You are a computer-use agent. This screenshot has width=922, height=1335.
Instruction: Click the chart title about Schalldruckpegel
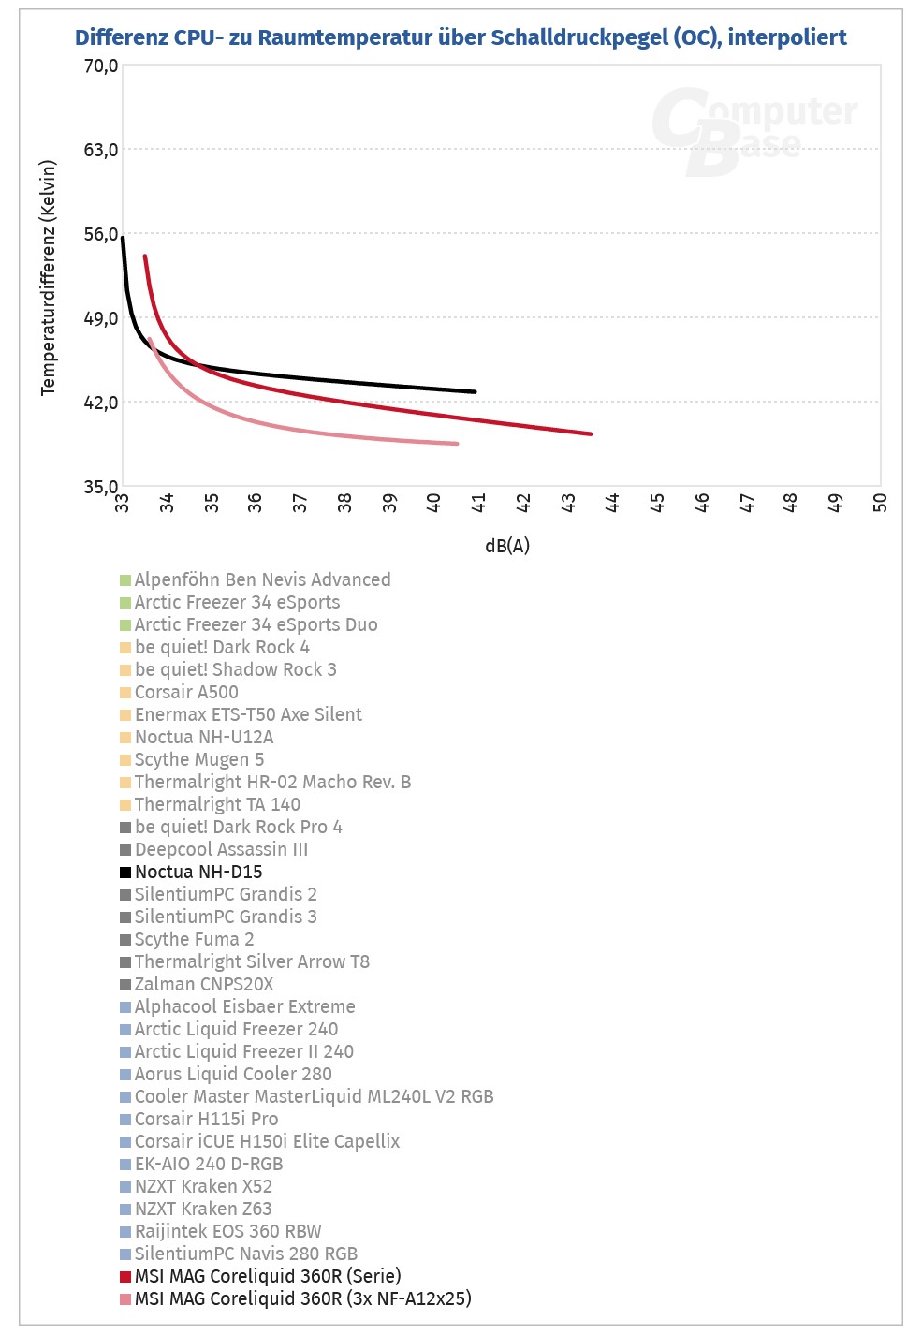coord(461,37)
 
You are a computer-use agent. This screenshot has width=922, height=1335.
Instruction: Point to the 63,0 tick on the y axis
coord(101,150)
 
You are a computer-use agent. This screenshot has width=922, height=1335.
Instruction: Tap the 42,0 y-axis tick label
coord(101,403)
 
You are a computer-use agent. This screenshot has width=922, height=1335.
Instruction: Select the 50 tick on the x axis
coord(880,503)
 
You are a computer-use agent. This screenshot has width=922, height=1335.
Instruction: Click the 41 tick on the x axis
coord(478,503)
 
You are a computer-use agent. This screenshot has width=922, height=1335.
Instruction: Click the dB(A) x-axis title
coord(506,546)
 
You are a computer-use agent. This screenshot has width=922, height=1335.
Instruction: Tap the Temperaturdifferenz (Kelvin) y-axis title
coord(49,278)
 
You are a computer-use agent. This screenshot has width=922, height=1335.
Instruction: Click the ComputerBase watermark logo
coord(754,129)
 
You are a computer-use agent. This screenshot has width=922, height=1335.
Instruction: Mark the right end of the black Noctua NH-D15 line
coord(475,391)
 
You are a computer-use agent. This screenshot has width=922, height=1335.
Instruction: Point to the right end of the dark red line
coord(591,433)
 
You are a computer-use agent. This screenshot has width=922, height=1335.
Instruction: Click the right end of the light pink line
coord(457,444)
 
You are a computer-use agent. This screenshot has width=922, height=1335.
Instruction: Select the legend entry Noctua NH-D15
coord(198,872)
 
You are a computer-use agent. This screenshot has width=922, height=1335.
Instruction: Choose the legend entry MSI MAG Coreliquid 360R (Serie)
coord(268,1276)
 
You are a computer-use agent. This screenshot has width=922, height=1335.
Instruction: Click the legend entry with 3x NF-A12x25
coord(302,1298)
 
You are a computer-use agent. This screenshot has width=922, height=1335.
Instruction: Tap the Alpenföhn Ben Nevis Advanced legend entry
coord(262,579)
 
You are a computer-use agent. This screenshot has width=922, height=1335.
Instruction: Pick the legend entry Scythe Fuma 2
coord(194,939)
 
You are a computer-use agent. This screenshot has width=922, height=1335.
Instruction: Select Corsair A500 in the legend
coord(186,692)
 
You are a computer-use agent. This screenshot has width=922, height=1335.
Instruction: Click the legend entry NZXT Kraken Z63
coord(203,1209)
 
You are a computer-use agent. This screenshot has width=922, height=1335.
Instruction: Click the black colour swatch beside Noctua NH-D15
coord(125,873)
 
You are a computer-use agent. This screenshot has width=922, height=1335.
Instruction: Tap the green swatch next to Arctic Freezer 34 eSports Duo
coord(125,625)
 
